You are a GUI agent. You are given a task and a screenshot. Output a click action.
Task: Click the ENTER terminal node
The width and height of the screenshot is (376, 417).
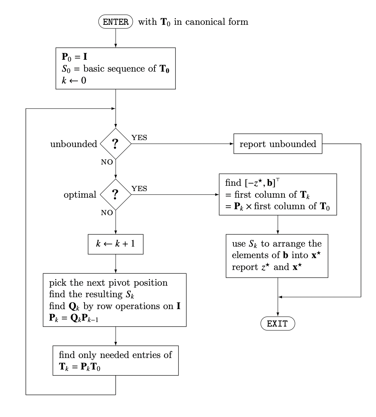point(116,22)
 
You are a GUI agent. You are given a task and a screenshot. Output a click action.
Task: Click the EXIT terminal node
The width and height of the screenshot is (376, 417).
point(277,324)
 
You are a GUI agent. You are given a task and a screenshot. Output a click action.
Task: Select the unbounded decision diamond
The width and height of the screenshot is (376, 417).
point(116,144)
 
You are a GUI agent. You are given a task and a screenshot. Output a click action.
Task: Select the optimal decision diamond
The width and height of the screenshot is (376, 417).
point(116,195)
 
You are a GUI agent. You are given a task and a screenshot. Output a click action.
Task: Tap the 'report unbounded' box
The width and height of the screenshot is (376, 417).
point(278,144)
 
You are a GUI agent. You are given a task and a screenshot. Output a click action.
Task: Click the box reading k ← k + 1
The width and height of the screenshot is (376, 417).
point(116,243)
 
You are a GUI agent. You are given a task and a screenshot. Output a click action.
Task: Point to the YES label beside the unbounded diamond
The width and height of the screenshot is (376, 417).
point(139,138)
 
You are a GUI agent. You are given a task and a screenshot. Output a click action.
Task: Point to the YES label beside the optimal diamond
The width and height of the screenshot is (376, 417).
point(139,189)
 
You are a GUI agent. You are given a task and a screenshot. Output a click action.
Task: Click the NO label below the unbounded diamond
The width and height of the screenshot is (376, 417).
point(107,162)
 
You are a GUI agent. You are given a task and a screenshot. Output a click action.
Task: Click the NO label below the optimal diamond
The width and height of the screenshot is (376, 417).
point(107,213)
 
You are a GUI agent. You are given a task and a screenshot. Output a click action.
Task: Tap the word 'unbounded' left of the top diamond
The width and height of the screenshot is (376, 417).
point(74,144)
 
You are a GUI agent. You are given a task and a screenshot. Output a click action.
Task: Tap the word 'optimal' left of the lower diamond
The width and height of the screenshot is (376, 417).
point(80,195)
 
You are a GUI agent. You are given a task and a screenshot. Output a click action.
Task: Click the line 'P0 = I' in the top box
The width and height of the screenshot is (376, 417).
point(74,57)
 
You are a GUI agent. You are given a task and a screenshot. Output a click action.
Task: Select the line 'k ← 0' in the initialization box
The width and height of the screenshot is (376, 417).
point(74,80)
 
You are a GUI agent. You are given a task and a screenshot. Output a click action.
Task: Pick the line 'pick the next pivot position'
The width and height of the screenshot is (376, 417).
point(108,283)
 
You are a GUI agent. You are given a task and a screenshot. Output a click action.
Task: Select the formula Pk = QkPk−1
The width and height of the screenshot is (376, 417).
point(74,318)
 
